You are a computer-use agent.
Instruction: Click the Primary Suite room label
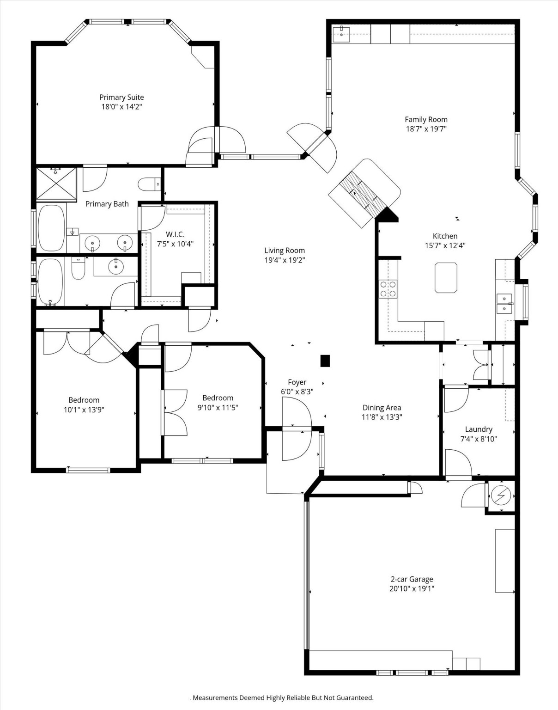(x=121, y=97)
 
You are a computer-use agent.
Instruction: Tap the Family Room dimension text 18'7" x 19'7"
(x=426, y=129)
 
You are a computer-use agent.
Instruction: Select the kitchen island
(x=446, y=277)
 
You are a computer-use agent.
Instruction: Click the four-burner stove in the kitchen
(x=388, y=289)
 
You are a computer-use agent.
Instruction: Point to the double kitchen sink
(x=504, y=303)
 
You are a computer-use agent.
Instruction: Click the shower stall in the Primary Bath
(x=56, y=184)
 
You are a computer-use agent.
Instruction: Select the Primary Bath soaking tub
(x=51, y=228)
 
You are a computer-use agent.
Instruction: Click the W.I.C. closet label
(x=175, y=234)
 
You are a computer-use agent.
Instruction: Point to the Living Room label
(x=284, y=251)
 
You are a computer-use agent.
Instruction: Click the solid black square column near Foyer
(x=325, y=361)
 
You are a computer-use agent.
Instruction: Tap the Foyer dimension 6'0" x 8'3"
(x=297, y=392)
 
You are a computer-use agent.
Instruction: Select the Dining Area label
(x=382, y=407)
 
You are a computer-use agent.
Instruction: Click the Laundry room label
(x=479, y=429)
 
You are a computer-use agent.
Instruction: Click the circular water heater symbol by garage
(x=500, y=496)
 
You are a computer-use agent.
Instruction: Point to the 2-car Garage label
(x=412, y=579)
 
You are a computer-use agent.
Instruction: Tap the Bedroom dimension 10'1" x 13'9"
(x=84, y=410)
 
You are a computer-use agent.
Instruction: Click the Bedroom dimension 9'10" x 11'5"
(x=218, y=407)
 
